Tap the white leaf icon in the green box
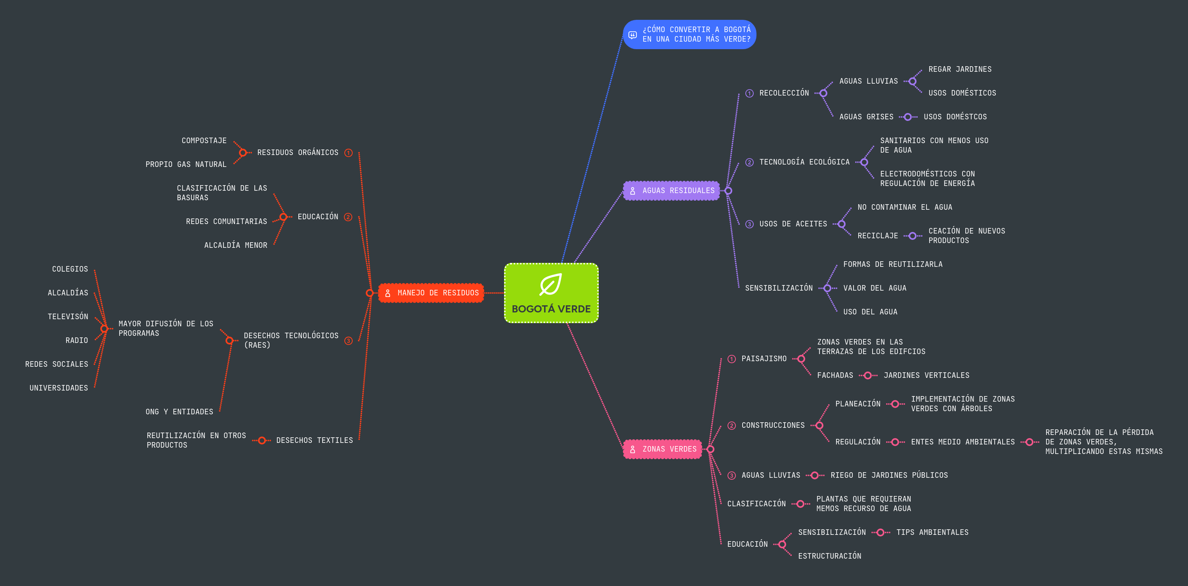pos(551,284)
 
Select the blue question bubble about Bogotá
pos(689,34)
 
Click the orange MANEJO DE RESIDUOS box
pos(431,293)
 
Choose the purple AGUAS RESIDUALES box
pos(672,191)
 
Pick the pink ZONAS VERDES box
pos(662,449)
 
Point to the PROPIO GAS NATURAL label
pos(186,164)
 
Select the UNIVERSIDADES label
pos(59,388)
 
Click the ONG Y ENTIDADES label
pos(180,412)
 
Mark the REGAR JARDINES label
pos(960,69)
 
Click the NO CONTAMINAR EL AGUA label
pos(905,207)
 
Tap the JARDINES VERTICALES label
pos(926,375)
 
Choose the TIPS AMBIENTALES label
pos(932,532)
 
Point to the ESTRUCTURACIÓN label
pos(830,556)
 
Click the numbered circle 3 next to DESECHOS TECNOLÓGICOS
pos(348,341)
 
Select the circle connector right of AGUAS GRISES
pos(907,117)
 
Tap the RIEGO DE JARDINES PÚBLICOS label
pos(889,475)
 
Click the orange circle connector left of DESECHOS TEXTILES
pos(262,440)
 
